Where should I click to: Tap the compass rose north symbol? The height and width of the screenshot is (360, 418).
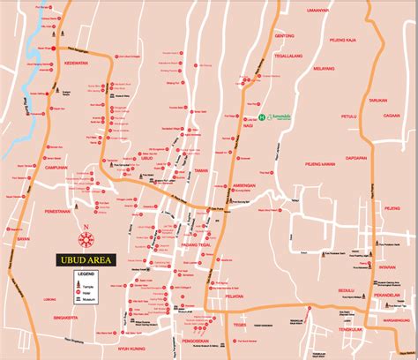coord(86,239)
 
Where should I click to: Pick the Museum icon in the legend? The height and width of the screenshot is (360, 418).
coord(78,300)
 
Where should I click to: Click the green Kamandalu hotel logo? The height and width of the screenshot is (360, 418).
coord(262,116)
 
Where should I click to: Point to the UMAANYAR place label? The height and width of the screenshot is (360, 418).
coord(318,9)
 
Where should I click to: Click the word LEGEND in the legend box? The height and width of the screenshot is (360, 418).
coord(86,276)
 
